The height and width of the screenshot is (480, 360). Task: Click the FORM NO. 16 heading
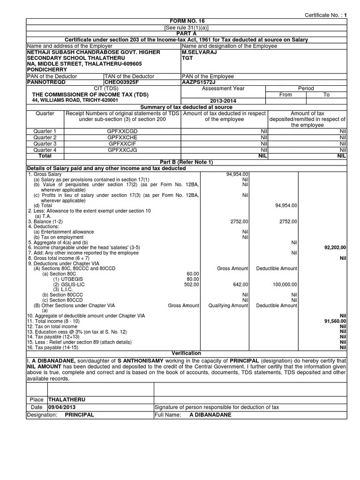point(187,22)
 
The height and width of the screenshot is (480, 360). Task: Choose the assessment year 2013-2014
point(223,101)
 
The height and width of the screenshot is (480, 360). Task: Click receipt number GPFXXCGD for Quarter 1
point(122,131)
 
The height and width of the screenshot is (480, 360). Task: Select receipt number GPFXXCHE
point(122,137)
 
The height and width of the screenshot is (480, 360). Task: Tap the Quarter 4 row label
point(45,150)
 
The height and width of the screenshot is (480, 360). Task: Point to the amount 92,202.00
point(335,247)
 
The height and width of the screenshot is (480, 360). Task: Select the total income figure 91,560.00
point(335,321)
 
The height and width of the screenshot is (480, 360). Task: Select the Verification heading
point(186,352)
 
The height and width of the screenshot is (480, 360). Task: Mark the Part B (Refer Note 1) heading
point(186,162)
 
